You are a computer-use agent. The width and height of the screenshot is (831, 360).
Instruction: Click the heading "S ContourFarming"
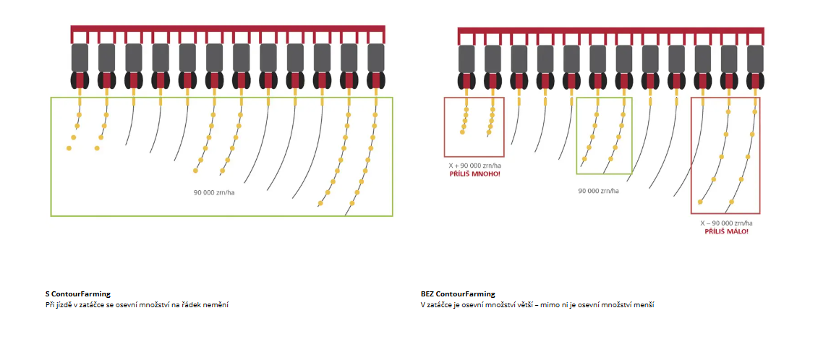coord(77,294)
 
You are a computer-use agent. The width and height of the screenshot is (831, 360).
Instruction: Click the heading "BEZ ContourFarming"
coord(458,294)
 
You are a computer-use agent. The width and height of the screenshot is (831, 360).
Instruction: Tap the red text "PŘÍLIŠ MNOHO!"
coord(474,174)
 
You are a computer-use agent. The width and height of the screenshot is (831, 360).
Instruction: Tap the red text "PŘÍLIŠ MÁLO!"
coord(726,231)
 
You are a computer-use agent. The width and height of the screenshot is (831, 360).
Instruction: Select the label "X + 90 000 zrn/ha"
coord(474,166)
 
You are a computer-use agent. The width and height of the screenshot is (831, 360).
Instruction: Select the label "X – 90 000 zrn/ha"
coord(726,223)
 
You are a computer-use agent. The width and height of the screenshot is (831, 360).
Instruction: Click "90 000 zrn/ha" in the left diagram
coord(214,192)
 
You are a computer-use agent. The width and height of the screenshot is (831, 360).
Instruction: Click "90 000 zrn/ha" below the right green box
coord(598,191)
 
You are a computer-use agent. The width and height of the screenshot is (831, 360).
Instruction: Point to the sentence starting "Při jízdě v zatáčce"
coord(137,306)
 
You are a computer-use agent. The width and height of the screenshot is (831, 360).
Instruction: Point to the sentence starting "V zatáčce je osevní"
coord(537,306)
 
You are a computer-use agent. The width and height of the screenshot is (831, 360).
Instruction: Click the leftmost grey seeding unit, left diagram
coord(80,58)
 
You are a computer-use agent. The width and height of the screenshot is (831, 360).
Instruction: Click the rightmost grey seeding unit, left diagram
coord(375,58)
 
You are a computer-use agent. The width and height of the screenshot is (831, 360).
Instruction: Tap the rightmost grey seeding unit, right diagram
coord(755,58)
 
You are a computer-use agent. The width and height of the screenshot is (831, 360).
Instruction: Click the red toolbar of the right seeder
coord(610,30)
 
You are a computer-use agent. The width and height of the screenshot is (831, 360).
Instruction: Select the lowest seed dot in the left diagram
coord(320,204)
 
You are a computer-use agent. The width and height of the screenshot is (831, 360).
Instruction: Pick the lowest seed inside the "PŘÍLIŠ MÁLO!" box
coord(700,202)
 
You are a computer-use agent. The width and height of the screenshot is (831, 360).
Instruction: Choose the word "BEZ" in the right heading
coord(427,294)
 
